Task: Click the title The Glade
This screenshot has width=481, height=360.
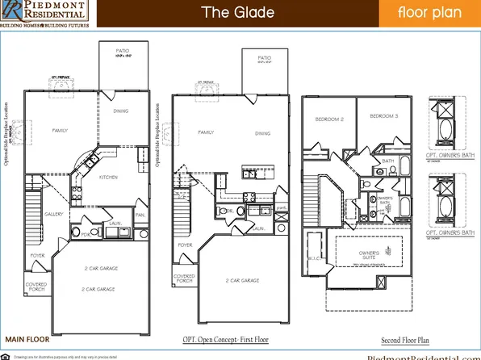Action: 237,13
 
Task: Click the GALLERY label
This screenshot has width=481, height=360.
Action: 54,214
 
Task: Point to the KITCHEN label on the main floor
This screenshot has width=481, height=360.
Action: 108,177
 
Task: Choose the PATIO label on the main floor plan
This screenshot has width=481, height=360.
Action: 121,51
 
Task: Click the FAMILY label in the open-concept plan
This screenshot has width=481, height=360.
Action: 206,132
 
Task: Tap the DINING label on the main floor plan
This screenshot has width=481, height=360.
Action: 122,111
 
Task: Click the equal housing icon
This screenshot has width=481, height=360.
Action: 6,355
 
